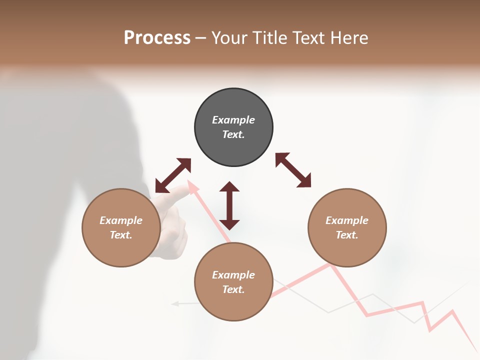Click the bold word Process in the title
point(157,38)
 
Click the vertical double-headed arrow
point(229,205)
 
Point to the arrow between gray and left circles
point(173,175)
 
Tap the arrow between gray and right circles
point(293,170)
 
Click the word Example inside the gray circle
point(233,120)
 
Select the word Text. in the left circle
point(121,235)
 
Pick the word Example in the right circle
point(347,220)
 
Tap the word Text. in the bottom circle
point(233,289)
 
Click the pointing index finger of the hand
point(172,195)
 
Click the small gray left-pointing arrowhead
point(174,303)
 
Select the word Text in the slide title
point(307,38)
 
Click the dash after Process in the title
point(201,38)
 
